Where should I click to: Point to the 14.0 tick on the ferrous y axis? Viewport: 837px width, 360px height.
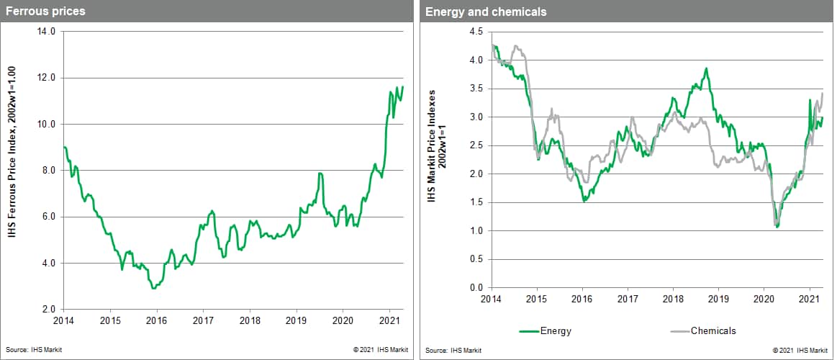click(47, 32)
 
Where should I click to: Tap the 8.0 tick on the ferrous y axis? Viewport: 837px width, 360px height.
click(49, 171)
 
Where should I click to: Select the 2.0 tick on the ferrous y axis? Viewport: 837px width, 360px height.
click(49, 310)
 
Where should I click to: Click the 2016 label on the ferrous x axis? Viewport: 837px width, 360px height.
click(156, 320)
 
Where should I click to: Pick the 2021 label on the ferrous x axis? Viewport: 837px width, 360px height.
click(389, 320)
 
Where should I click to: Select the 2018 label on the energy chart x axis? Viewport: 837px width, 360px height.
click(672, 299)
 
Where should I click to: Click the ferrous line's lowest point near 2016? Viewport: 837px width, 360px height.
click(153, 288)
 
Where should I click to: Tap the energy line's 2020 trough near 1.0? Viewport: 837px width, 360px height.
click(778, 227)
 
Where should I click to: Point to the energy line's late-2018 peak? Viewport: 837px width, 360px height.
click(707, 68)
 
